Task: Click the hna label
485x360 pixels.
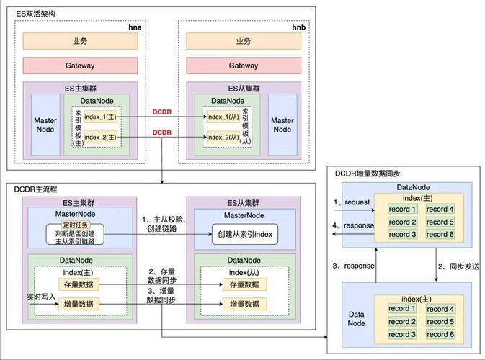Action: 135,26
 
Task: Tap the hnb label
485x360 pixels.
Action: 298,26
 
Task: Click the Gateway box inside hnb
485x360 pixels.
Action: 243,66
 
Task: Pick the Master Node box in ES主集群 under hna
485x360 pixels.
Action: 45,125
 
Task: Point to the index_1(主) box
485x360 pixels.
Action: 100,117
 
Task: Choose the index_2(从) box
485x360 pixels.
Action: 223,137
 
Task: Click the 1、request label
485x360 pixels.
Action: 353,203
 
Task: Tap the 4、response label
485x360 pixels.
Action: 352,225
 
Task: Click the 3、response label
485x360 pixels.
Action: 353,266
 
